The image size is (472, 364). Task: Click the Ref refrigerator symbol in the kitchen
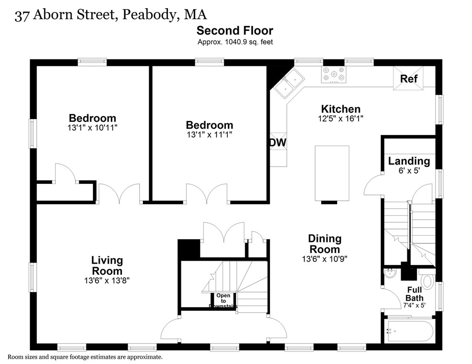409,78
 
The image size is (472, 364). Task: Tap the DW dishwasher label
278,142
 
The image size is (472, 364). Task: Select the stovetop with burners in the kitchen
333,74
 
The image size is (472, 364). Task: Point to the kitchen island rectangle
331,173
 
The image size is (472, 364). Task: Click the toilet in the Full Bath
427,280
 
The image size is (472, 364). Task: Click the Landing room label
409,161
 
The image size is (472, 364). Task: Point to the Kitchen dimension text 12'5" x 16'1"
341,119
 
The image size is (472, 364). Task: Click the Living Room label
107,265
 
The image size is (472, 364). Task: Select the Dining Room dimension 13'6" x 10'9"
324,258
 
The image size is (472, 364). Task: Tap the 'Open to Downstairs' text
223,301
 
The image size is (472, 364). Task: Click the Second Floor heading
235,31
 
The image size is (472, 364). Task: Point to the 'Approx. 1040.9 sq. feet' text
235,42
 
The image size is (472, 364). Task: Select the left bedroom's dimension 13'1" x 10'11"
93,128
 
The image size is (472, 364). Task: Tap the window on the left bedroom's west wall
33,133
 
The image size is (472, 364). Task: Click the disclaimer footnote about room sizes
85,357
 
